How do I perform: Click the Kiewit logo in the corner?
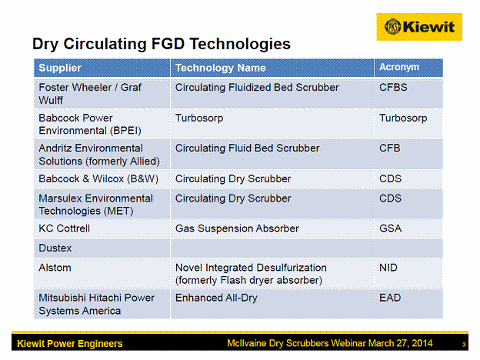pyautogui.click(x=419, y=27)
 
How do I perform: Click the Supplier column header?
pyautogui.click(x=60, y=68)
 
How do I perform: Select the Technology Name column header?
pyautogui.click(x=221, y=68)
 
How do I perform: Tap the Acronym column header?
pyautogui.click(x=399, y=67)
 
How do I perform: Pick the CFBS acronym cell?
pyautogui.click(x=393, y=87)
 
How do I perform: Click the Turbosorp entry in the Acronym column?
pyautogui.click(x=403, y=118)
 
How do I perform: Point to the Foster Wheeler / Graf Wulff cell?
pyautogui.click(x=90, y=94)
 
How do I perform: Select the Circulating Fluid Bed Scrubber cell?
pyautogui.click(x=248, y=148)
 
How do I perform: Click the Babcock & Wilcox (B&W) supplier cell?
pyautogui.click(x=98, y=178)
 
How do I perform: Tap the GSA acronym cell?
pyautogui.click(x=390, y=228)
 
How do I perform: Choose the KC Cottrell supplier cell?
pyautogui.click(x=65, y=228)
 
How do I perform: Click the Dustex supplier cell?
pyautogui.click(x=55, y=248)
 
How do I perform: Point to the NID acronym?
pyautogui.click(x=388, y=268)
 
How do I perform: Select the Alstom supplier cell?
pyautogui.click(x=55, y=268)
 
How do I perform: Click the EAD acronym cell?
pyautogui.click(x=390, y=298)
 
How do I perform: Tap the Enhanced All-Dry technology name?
pyautogui.click(x=216, y=298)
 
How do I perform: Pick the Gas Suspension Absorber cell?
pyautogui.click(x=237, y=228)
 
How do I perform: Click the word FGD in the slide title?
pyautogui.click(x=168, y=44)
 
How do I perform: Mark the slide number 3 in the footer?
pyautogui.click(x=464, y=345)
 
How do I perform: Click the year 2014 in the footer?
pyautogui.click(x=422, y=343)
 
